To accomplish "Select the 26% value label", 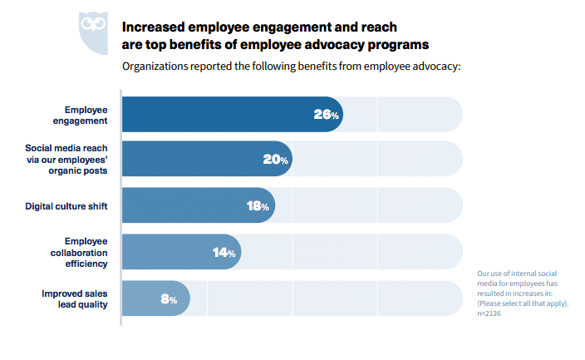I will (326, 115).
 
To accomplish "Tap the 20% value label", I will (276, 160).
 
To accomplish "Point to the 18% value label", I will (258, 206).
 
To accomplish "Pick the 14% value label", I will (224, 253).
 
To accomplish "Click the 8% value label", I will (169, 299).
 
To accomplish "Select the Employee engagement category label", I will (86, 115).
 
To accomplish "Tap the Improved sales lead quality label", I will (76, 299).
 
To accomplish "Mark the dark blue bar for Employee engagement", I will (216, 115).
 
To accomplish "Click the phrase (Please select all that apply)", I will (523, 303).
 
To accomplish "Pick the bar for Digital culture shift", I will (183, 206).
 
